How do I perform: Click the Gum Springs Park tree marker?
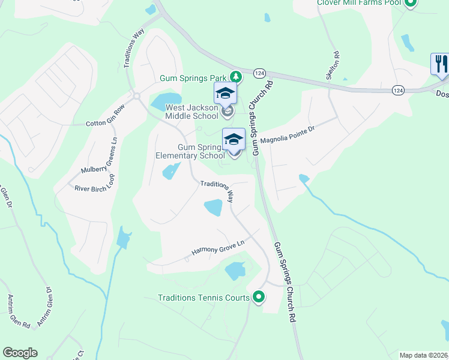[237, 77]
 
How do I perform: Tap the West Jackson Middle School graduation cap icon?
[225, 93]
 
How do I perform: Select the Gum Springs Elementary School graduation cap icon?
[234, 139]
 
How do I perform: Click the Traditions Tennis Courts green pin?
[259, 296]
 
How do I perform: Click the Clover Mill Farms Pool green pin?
[411, 3]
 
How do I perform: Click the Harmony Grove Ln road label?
[218, 247]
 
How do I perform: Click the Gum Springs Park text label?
[193, 77]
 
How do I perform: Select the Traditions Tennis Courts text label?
[203, 297]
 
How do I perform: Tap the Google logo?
[20, 353]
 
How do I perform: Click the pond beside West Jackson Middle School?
[166, 101]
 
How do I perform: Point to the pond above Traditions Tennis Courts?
[235, 271]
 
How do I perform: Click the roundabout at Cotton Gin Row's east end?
[137, 95]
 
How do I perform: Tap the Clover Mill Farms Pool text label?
[359, 3]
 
